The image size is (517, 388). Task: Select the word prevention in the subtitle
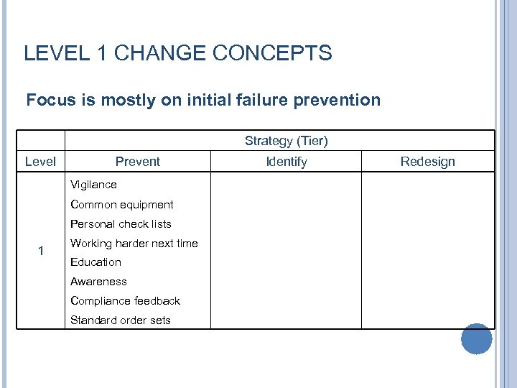point(337,100)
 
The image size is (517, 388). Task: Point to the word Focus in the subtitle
point(50,100)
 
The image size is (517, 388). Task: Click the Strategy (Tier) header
point(286,141)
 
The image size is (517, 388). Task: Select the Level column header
point(40,162)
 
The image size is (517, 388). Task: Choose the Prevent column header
point(138,162)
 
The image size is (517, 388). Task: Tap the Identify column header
point(286,162)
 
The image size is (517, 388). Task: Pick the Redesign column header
point(427,162)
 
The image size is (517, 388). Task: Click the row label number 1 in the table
point(41,251)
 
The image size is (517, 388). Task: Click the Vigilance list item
point(93,185)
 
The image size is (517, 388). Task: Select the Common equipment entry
point(121,204)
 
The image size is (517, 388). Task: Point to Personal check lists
point(121,223)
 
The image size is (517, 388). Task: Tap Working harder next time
point(134,243)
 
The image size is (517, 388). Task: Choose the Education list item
point(96,262)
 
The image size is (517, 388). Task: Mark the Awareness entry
point(98,282)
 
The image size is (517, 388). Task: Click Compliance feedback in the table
point(125,301)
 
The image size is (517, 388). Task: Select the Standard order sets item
point(120,320)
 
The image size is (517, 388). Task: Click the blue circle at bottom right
point(476,338)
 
